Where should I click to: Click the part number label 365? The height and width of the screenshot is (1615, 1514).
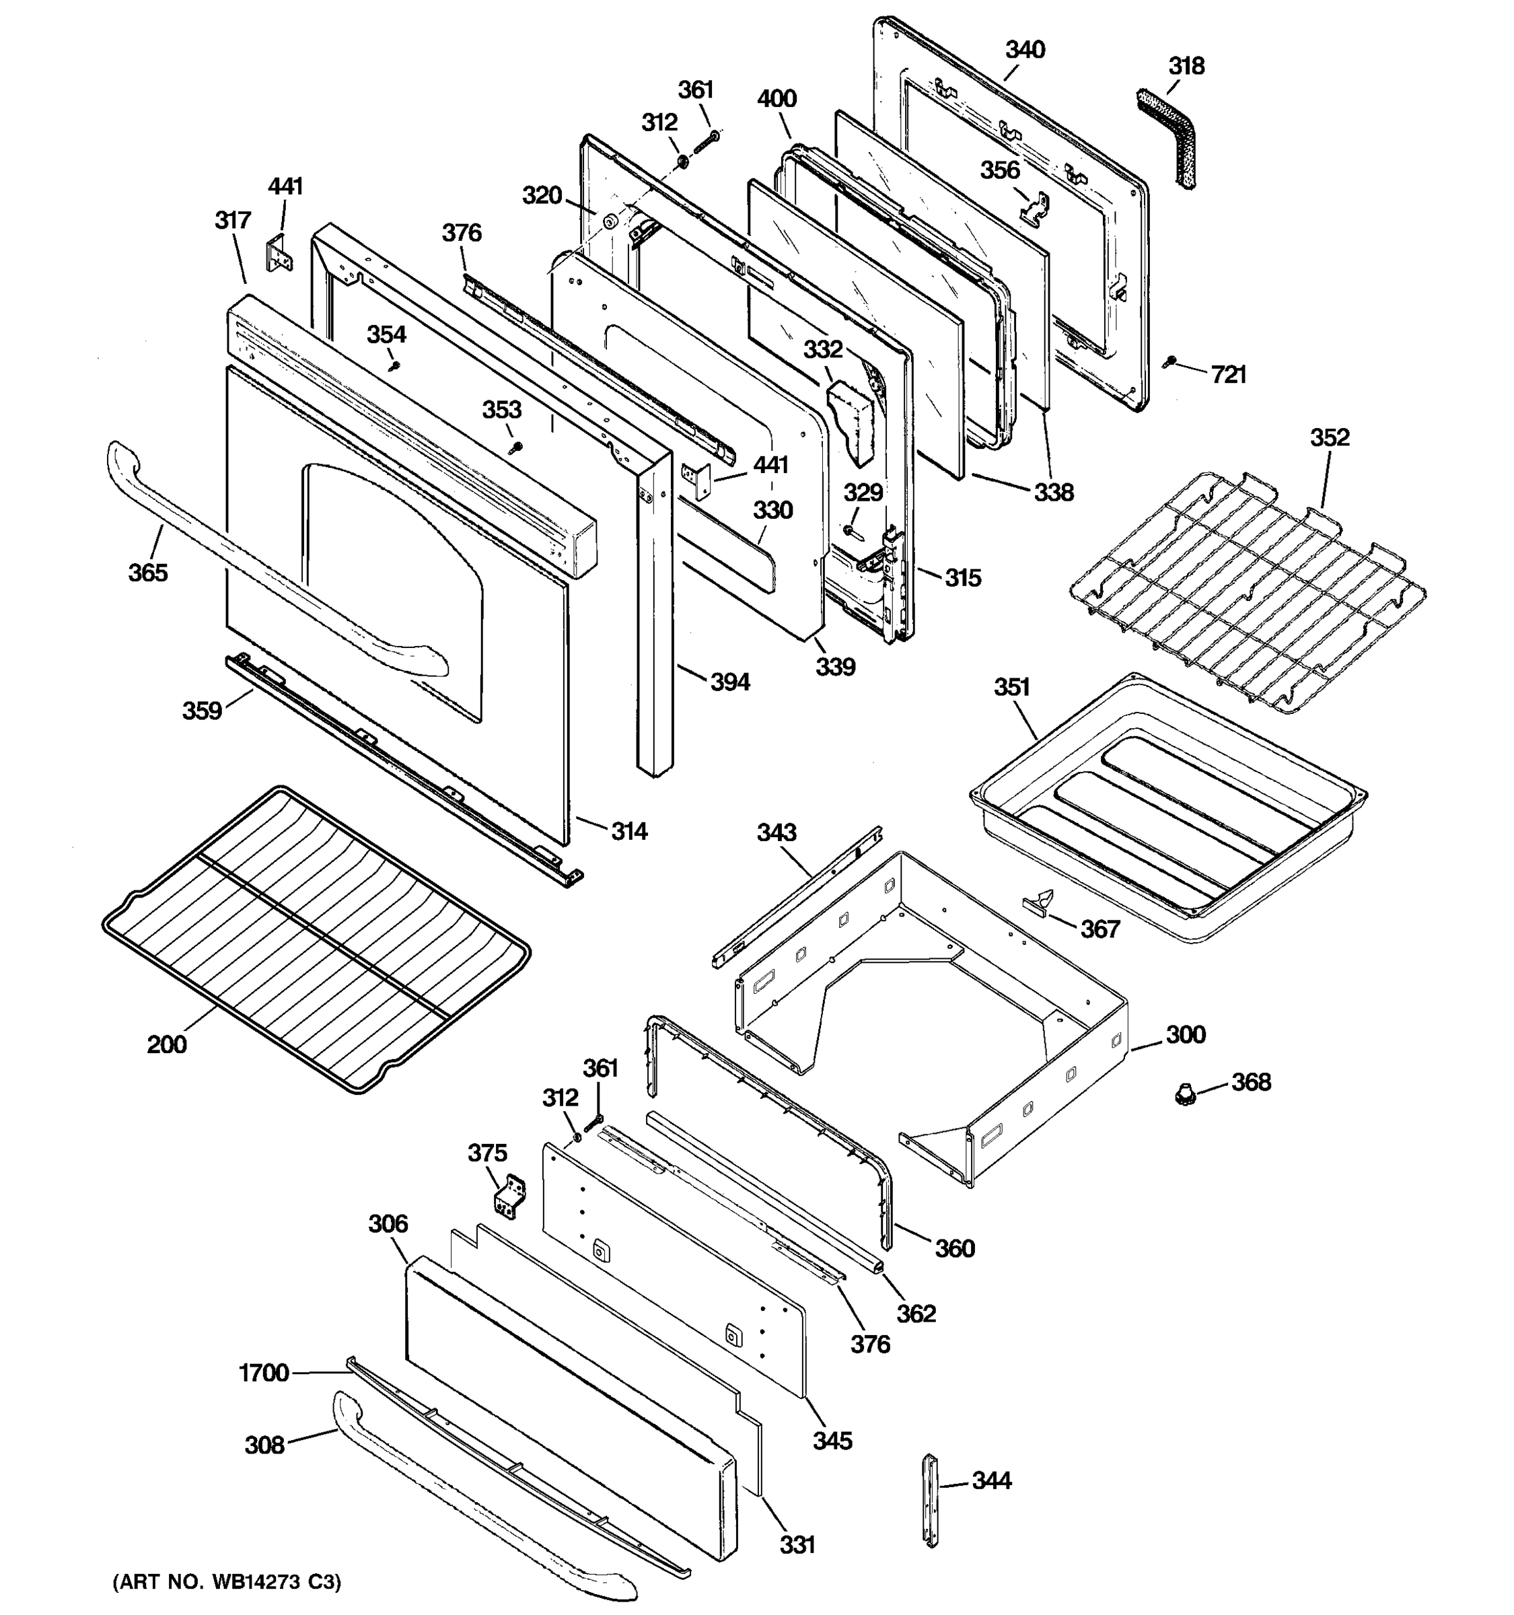click(x=148, y=573)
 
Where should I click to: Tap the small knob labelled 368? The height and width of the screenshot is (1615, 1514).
click(x=1186, y=1095)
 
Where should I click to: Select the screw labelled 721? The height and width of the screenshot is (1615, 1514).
click(x=1170, y=361)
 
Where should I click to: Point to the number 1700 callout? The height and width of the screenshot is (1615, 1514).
click(x=264, y=1373)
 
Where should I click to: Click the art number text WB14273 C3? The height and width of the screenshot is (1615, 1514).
click(x=227, y=1582)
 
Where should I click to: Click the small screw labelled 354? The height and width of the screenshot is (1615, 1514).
click(x=396, y=365)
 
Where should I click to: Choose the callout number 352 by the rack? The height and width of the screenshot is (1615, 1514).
click(x=1330, y=438)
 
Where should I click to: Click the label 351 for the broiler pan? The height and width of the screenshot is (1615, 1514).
click(x=1012, y=687)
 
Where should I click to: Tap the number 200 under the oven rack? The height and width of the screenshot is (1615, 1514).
click(x=166, y=1044)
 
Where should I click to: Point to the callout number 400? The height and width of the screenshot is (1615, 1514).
click(x=777, y=99)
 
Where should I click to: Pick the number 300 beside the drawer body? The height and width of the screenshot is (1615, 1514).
click(x=1186, y=1035)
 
